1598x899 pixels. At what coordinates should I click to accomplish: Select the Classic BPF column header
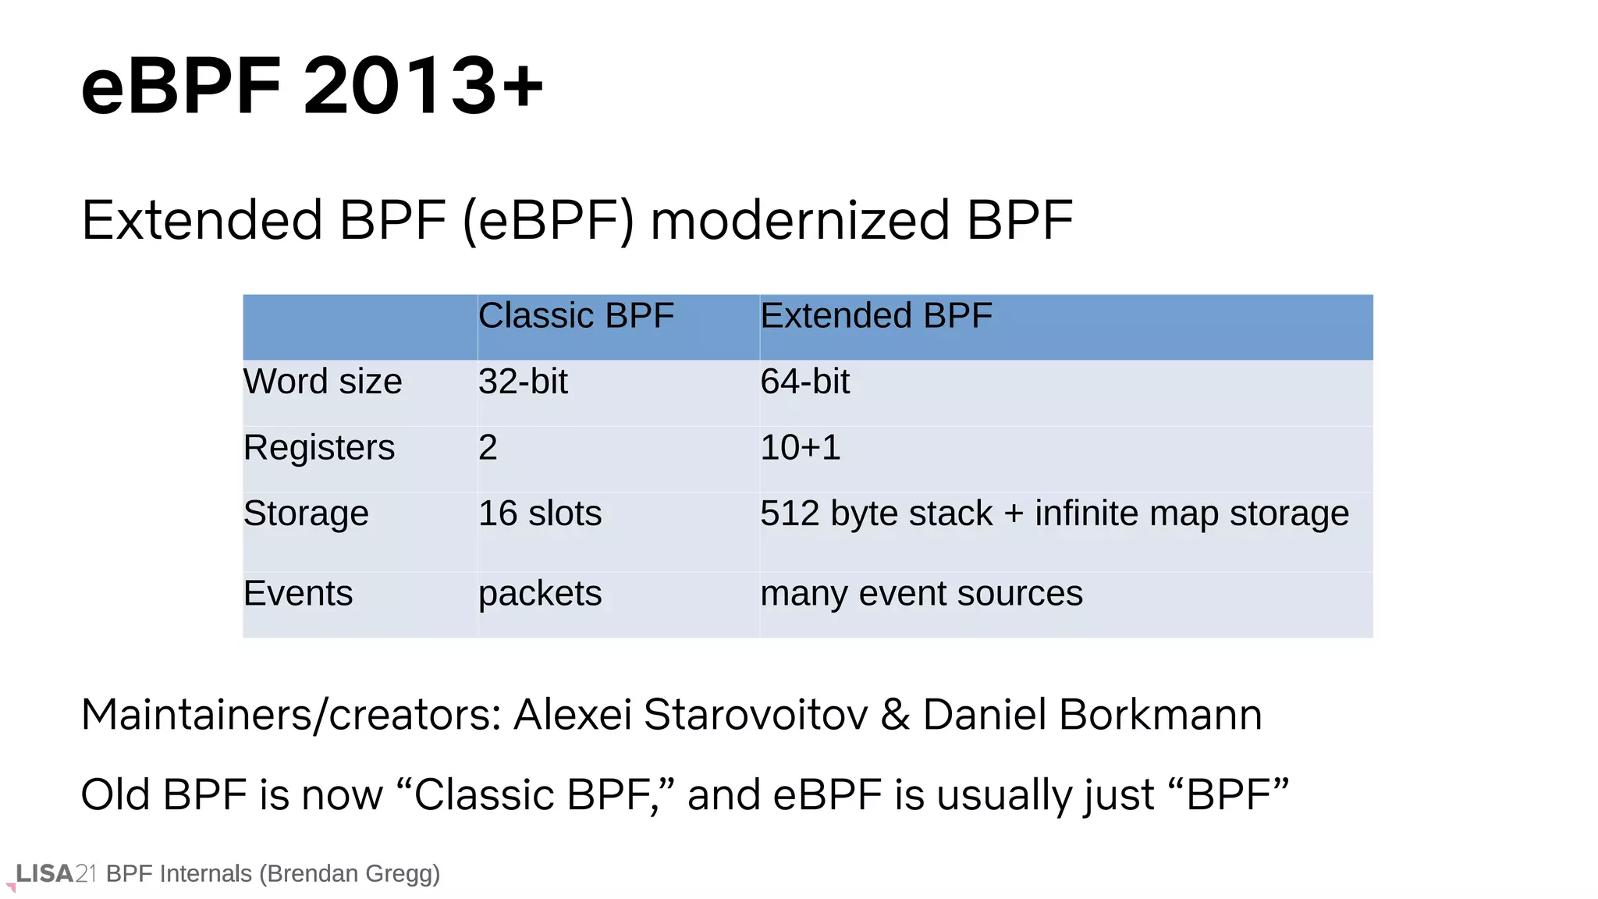click(576, 316)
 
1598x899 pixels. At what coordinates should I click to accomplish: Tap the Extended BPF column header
click(875, 316)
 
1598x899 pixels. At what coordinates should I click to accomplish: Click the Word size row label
click(322, 382)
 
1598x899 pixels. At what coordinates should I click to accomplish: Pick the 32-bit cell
click(523, 382)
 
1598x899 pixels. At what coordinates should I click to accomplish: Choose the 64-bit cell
click(804, 382)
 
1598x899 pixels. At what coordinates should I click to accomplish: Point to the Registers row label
click(319, 448)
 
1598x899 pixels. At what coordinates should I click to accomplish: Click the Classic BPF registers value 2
click(488, 448)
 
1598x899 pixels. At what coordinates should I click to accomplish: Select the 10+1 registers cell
click(800, 448)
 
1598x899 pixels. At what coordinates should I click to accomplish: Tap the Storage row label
click(306, 513)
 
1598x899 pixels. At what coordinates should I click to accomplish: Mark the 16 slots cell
click(540, 513)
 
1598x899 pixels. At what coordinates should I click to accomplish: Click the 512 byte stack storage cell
click(1053, 513)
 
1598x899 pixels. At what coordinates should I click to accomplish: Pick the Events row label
click(298, 594)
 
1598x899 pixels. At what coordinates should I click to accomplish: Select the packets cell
click(540, 594)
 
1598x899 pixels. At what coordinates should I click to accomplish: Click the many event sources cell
click(921, 594)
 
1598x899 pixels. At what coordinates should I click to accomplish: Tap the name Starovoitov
click(755, 715)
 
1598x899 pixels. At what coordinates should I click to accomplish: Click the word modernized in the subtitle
click(800, 221)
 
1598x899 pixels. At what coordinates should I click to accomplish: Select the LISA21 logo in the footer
click(55, 874)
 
